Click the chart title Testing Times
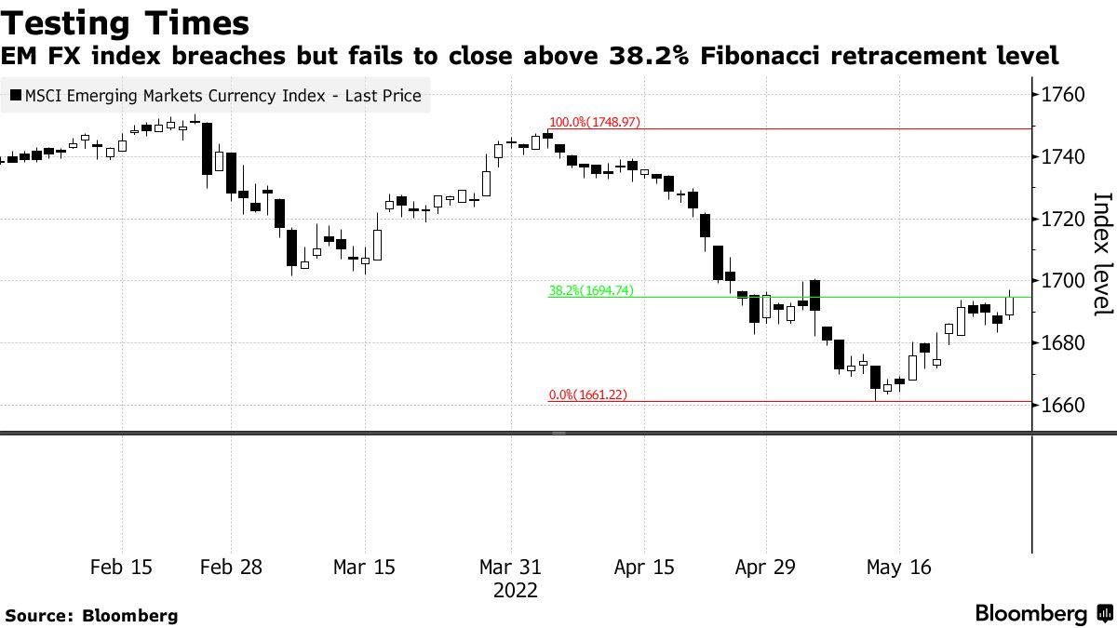[x=127, y=22]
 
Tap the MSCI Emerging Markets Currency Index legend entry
[x=216, y=95]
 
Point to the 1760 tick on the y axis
[x=1064, y=95]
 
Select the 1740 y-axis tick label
[x=1064, y=157]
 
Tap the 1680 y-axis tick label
[x=1064, y=343]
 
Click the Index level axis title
[x=1101, y=253]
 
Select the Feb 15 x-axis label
[x=123, y=568]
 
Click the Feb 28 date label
[x=231, y=568]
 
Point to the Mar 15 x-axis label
[x=364, y=568]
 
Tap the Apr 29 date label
[x=765, y=568]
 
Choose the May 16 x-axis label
[x=898, y=568]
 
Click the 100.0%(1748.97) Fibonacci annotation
[x=595, y=122]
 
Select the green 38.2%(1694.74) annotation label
[x=591, y=290]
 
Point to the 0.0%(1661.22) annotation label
[x=587, y=394]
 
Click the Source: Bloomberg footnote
[x=91, y=616]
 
